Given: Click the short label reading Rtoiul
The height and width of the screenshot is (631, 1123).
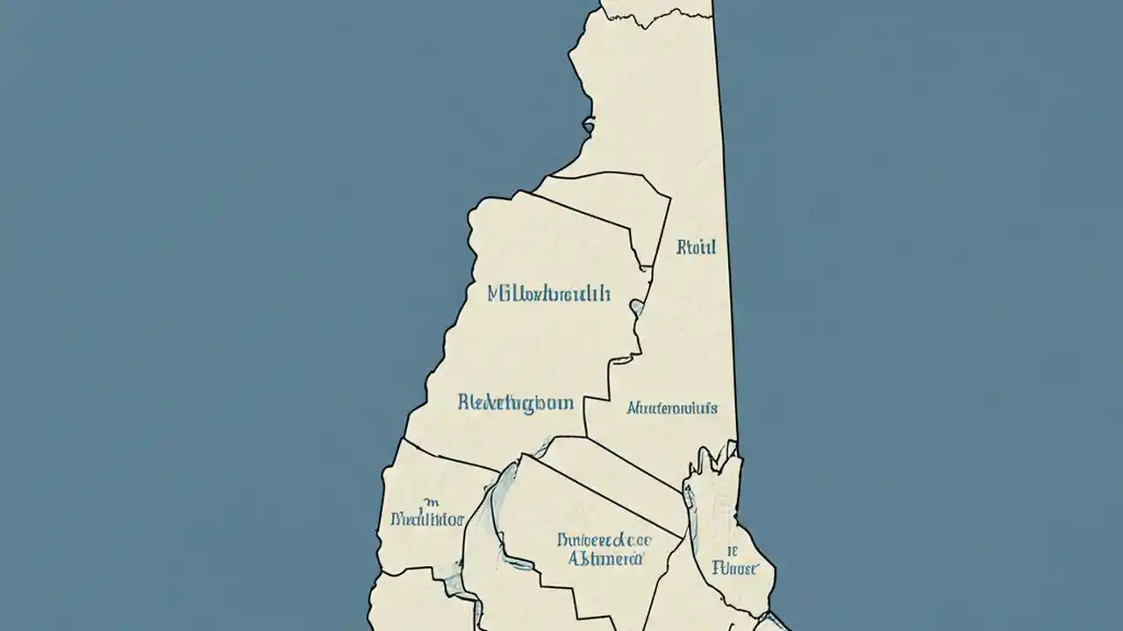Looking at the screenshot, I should coord(697,247).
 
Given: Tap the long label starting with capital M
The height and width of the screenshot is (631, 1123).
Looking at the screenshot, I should coord(548,294).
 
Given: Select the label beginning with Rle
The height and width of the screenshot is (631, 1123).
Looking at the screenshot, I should coord(516,403).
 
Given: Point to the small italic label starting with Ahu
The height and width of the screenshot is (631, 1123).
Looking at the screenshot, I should coord(672,408).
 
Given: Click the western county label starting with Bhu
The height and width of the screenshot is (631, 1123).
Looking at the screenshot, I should coord(426,519).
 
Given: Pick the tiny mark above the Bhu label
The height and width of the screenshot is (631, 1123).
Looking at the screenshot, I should coord(430,502).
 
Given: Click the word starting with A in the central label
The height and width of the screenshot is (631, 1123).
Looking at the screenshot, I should coord(605,557).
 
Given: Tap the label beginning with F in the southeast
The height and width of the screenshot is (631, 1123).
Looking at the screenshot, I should coord(735,568).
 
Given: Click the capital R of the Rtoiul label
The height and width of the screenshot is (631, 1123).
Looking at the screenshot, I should coord(682,247).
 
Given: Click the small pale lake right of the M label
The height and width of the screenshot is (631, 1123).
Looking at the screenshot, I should coord(638,307).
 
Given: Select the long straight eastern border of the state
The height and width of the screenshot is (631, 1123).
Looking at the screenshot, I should coord(726,219).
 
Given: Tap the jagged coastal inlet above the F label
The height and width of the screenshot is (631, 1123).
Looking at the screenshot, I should coord(715,464).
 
